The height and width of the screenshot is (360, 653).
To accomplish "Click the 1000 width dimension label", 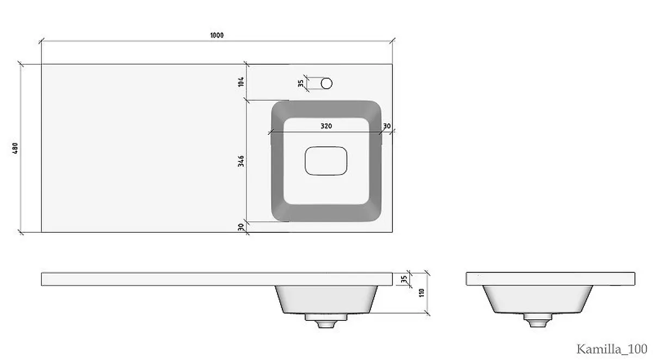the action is point(217,35).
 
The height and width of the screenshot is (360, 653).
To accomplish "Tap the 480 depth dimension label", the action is point(15,148).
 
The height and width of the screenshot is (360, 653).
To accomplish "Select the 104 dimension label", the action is point(241,82).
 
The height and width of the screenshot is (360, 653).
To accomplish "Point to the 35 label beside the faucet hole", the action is point(300,83).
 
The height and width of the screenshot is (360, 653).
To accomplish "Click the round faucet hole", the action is point(326,83).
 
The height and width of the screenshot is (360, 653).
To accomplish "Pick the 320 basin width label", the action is point(326,126).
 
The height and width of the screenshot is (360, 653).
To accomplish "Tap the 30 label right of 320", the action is point(386,126).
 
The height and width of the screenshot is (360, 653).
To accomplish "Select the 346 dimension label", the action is point(241,161).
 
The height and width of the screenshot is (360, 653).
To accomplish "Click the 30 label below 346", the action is point(241,227).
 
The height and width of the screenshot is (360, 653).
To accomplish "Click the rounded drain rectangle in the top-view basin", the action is point(326,161).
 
